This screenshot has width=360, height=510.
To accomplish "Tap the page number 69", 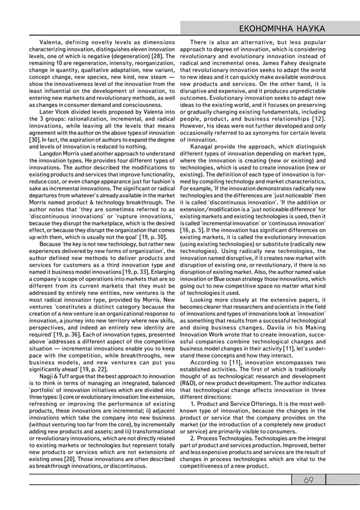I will click(308, 480).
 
